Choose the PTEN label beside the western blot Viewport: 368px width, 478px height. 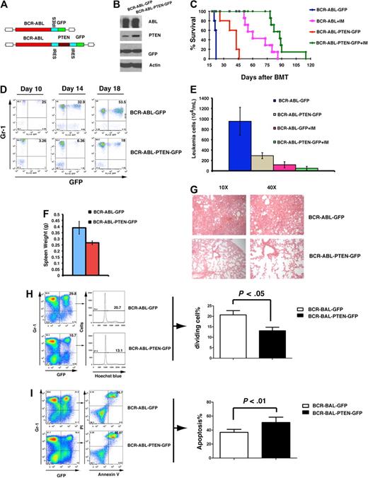pyautogui.click(x=152, y=40)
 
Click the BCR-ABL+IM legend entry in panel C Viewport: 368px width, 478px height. pyautogui.click(x=323, y=23)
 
